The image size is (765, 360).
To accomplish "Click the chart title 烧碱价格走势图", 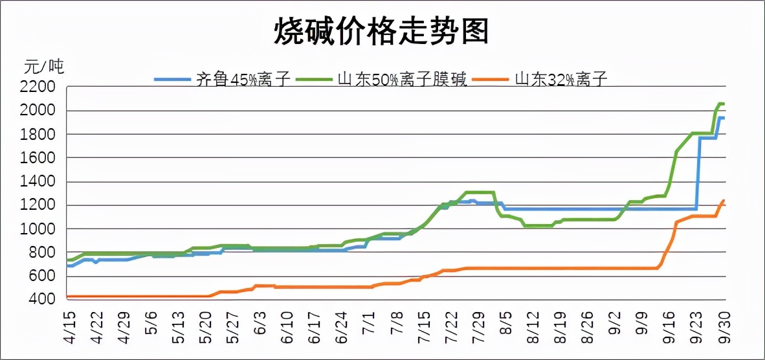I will pos(381,30).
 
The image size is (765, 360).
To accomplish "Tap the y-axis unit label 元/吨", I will pos(44,66).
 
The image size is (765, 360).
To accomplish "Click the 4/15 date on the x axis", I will pos(70,328).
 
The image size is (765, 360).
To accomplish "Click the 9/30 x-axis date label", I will pos(724,328).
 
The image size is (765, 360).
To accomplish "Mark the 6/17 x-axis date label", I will pos(315,328).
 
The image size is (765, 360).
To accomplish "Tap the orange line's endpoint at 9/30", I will pos(724,201).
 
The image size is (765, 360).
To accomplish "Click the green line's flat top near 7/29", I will pos(480,192).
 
